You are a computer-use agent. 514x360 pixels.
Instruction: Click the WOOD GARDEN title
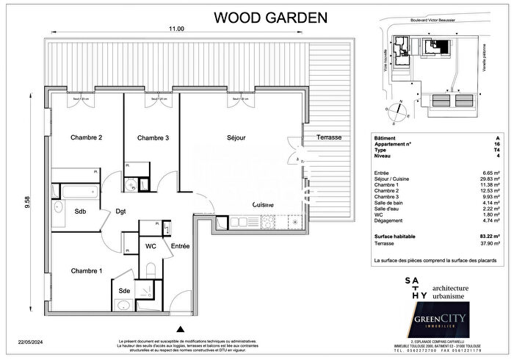[266, 17]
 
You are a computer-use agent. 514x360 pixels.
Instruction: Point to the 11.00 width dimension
[174, 29]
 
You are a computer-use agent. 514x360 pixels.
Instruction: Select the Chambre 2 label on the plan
[86, 137]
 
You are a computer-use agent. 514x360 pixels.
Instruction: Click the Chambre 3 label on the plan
[153, 137]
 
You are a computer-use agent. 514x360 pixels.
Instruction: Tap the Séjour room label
[236, 137]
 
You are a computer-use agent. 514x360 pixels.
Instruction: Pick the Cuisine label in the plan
[264, 204]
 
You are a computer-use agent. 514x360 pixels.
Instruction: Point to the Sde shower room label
[124, 290]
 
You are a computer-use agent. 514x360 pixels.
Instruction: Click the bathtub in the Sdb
[78, 193]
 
